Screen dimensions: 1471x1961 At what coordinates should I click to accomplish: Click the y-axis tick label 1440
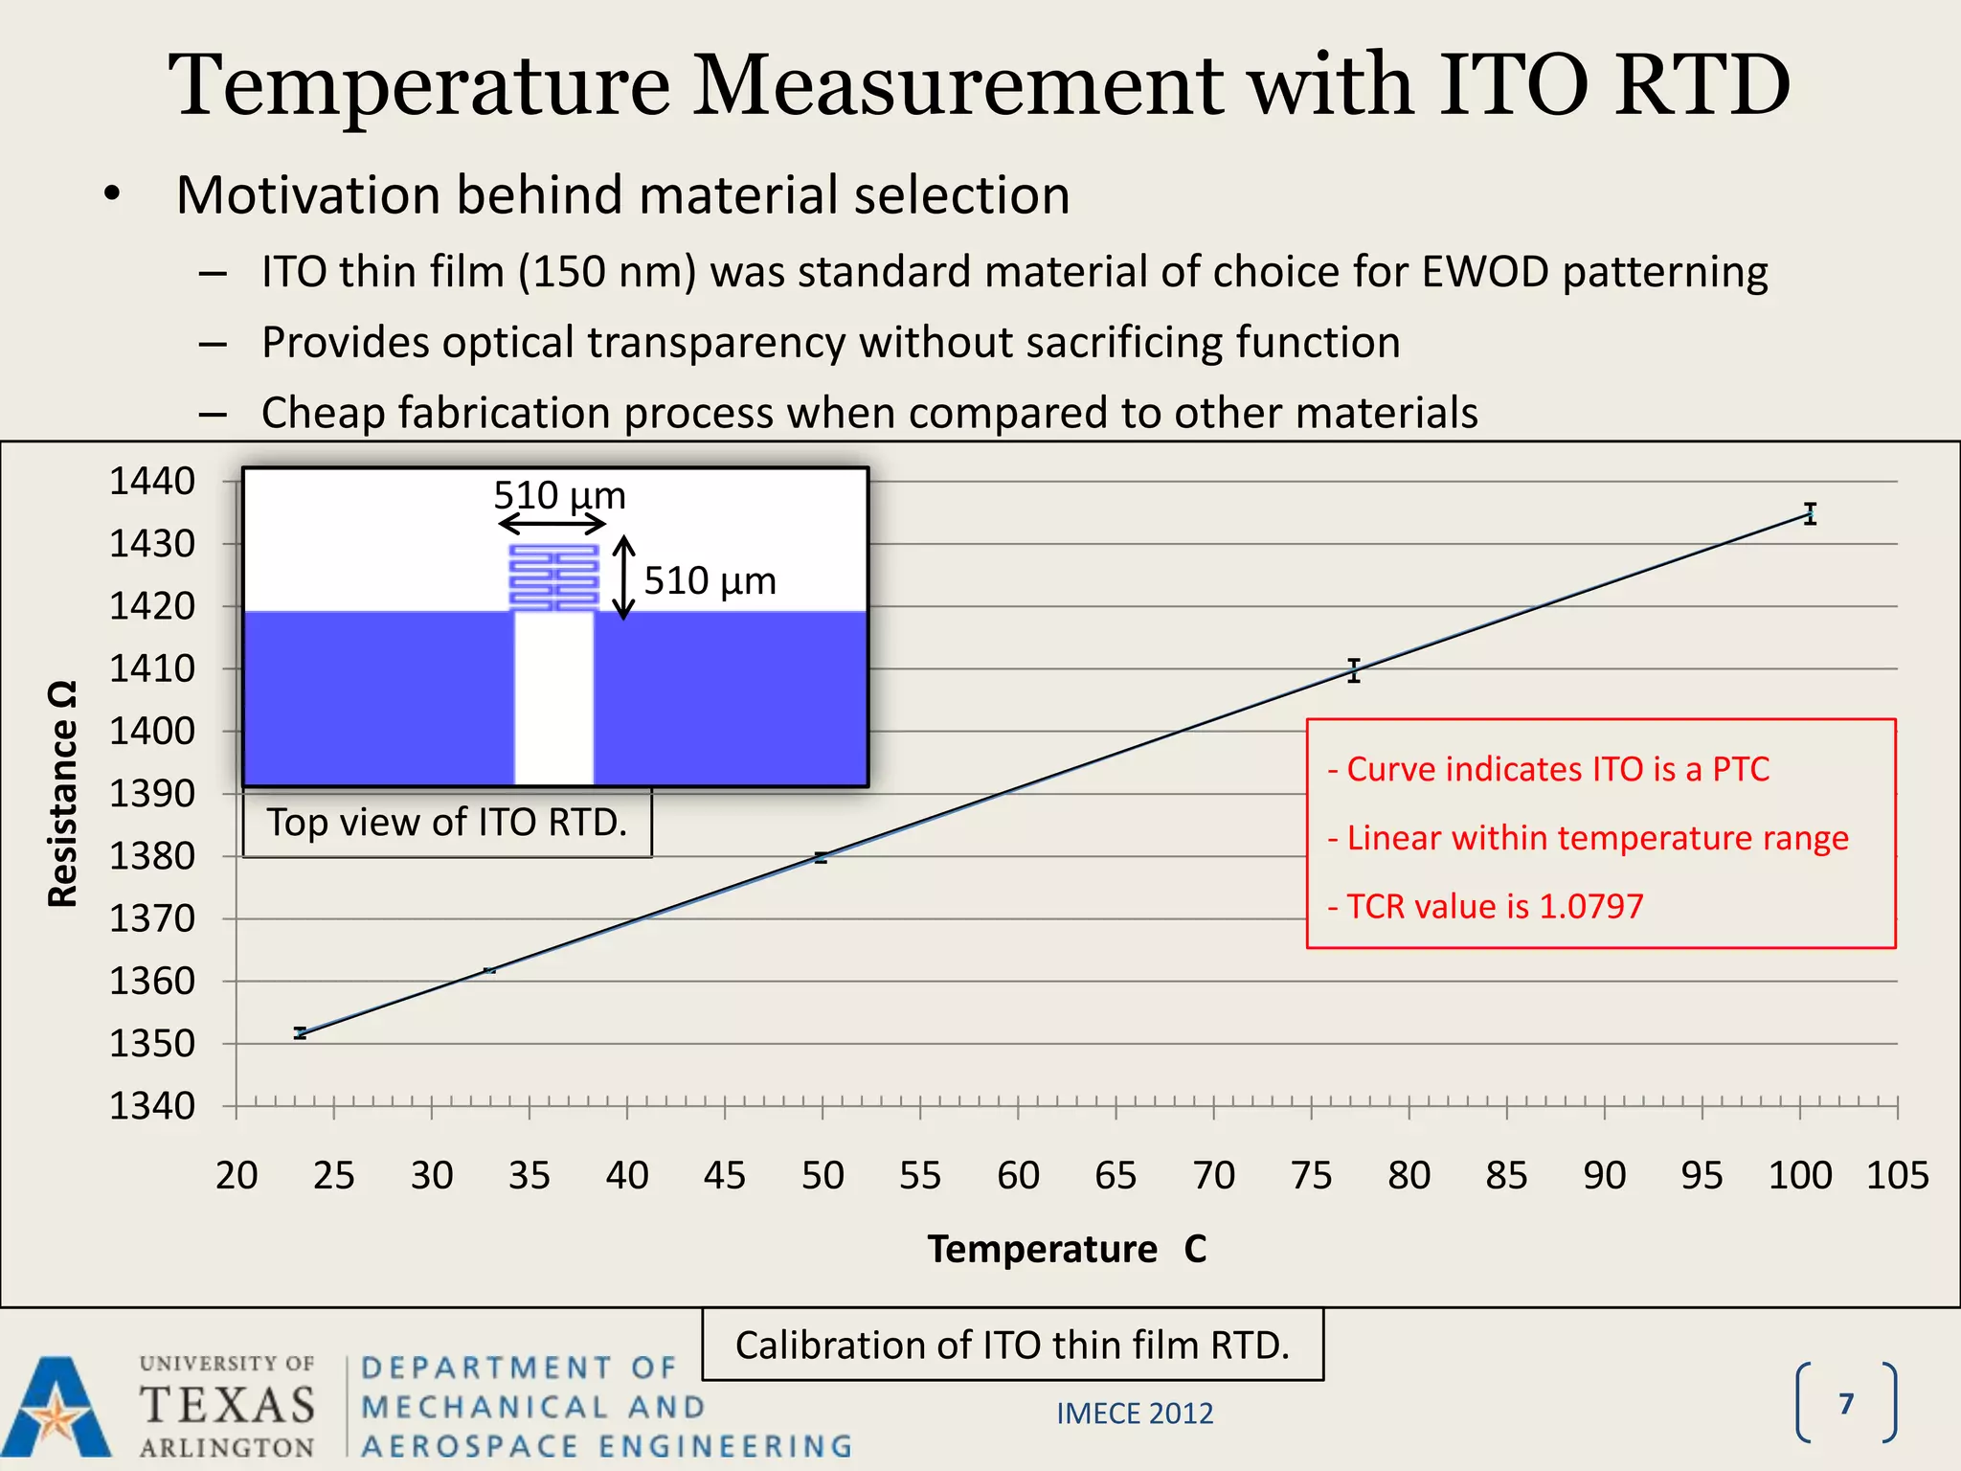tap(151, 481)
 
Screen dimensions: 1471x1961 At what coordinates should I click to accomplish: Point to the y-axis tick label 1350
tap(151, 1043)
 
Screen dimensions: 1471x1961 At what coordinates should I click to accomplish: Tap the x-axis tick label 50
tap(823, 1175)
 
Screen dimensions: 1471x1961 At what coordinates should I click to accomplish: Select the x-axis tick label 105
tap(1897, 1175)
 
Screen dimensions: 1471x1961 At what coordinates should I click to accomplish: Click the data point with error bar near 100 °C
tap(1810, 513)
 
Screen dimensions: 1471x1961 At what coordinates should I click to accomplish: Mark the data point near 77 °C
tap(1354, 670)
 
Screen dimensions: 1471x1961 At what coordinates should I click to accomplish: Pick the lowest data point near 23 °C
tap(301, 1033)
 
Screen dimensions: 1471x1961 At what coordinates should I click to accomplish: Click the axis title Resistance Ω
tap(63, 794)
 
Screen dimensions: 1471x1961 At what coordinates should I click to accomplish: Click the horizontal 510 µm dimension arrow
tap(552, 524)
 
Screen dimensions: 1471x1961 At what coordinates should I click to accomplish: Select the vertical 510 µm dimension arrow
tap(623, 577)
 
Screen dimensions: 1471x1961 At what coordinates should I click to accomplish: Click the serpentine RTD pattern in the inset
tap(553, 577)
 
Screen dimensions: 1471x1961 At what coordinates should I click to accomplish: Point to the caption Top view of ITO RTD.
tap(447, 823)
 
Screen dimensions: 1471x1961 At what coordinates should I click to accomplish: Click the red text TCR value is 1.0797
tap(1486, 906)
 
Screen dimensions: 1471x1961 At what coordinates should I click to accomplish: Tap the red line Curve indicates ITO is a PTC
tap(1548, 769)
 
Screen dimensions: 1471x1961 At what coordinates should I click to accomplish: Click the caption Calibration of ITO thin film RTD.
tap(1012, 1346)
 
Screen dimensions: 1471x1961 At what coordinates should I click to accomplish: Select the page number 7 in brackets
tap(1846, 1404)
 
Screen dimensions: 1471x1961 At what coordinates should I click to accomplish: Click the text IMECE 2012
tap(1135, 1414)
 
